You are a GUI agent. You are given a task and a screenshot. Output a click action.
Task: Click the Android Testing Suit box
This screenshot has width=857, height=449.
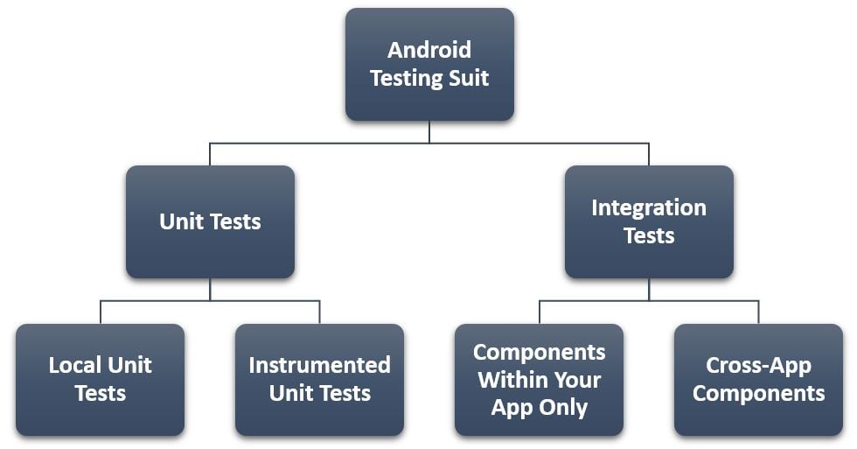[x=429, y=64]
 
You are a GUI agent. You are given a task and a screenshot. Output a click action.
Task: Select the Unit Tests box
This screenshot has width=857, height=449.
[x=210, y=221]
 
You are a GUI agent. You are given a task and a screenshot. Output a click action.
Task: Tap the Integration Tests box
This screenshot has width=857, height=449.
[x=649, y=221]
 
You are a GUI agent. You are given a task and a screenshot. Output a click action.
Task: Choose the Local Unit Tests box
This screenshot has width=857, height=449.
[x=100, y=380]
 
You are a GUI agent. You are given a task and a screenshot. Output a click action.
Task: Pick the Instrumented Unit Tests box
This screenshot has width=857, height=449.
[x=319, y=380]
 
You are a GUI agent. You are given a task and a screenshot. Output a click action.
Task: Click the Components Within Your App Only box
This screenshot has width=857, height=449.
[x=539, y=380]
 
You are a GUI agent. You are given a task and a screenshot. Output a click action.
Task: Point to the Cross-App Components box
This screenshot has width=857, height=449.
[x=758, y=380]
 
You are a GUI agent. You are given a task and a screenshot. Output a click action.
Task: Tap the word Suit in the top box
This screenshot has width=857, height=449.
[x=468, y=78]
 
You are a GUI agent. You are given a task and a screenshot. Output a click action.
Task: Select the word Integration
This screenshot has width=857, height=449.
[x=649, y=207]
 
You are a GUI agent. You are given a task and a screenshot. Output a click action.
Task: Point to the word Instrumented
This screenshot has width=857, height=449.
[x=319, y=365]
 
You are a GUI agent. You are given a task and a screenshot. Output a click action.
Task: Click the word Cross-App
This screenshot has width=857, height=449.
[x=758, y=365]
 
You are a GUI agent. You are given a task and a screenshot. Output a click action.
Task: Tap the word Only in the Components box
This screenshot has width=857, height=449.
[x=567, y=407]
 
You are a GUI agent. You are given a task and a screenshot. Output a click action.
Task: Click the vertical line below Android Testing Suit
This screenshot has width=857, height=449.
[x=429, y=131]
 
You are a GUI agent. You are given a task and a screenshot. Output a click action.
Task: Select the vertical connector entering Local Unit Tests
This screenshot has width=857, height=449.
[x=101, y=312]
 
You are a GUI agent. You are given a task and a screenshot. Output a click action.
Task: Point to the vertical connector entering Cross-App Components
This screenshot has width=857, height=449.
[x=758, y=312]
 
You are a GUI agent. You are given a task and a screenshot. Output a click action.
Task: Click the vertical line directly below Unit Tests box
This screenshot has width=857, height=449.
[x=210, y=289]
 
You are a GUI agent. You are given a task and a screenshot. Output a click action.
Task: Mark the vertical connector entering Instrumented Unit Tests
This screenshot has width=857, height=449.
[x=319, y=312]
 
